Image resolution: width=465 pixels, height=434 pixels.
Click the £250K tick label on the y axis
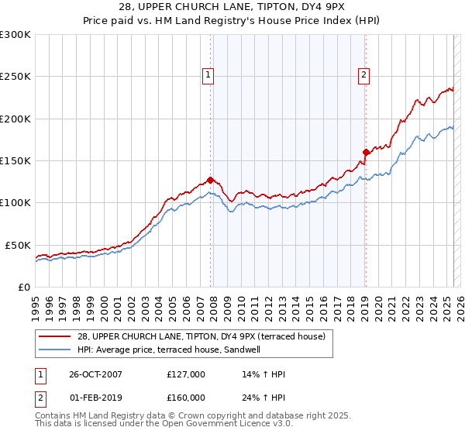point(15,77)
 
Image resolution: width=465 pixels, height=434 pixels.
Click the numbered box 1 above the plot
point(209,75)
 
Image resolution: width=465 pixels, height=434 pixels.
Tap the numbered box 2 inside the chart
point(363,75)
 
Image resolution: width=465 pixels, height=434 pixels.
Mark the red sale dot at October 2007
point(210,180)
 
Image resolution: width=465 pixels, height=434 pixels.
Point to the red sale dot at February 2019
point(366,152)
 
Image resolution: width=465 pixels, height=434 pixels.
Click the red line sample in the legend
point(56,336)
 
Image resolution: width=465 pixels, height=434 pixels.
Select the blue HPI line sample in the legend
point(56,349)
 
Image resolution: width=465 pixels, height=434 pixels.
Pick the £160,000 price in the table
point(186,397)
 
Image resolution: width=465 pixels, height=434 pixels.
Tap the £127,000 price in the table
point(186,374)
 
